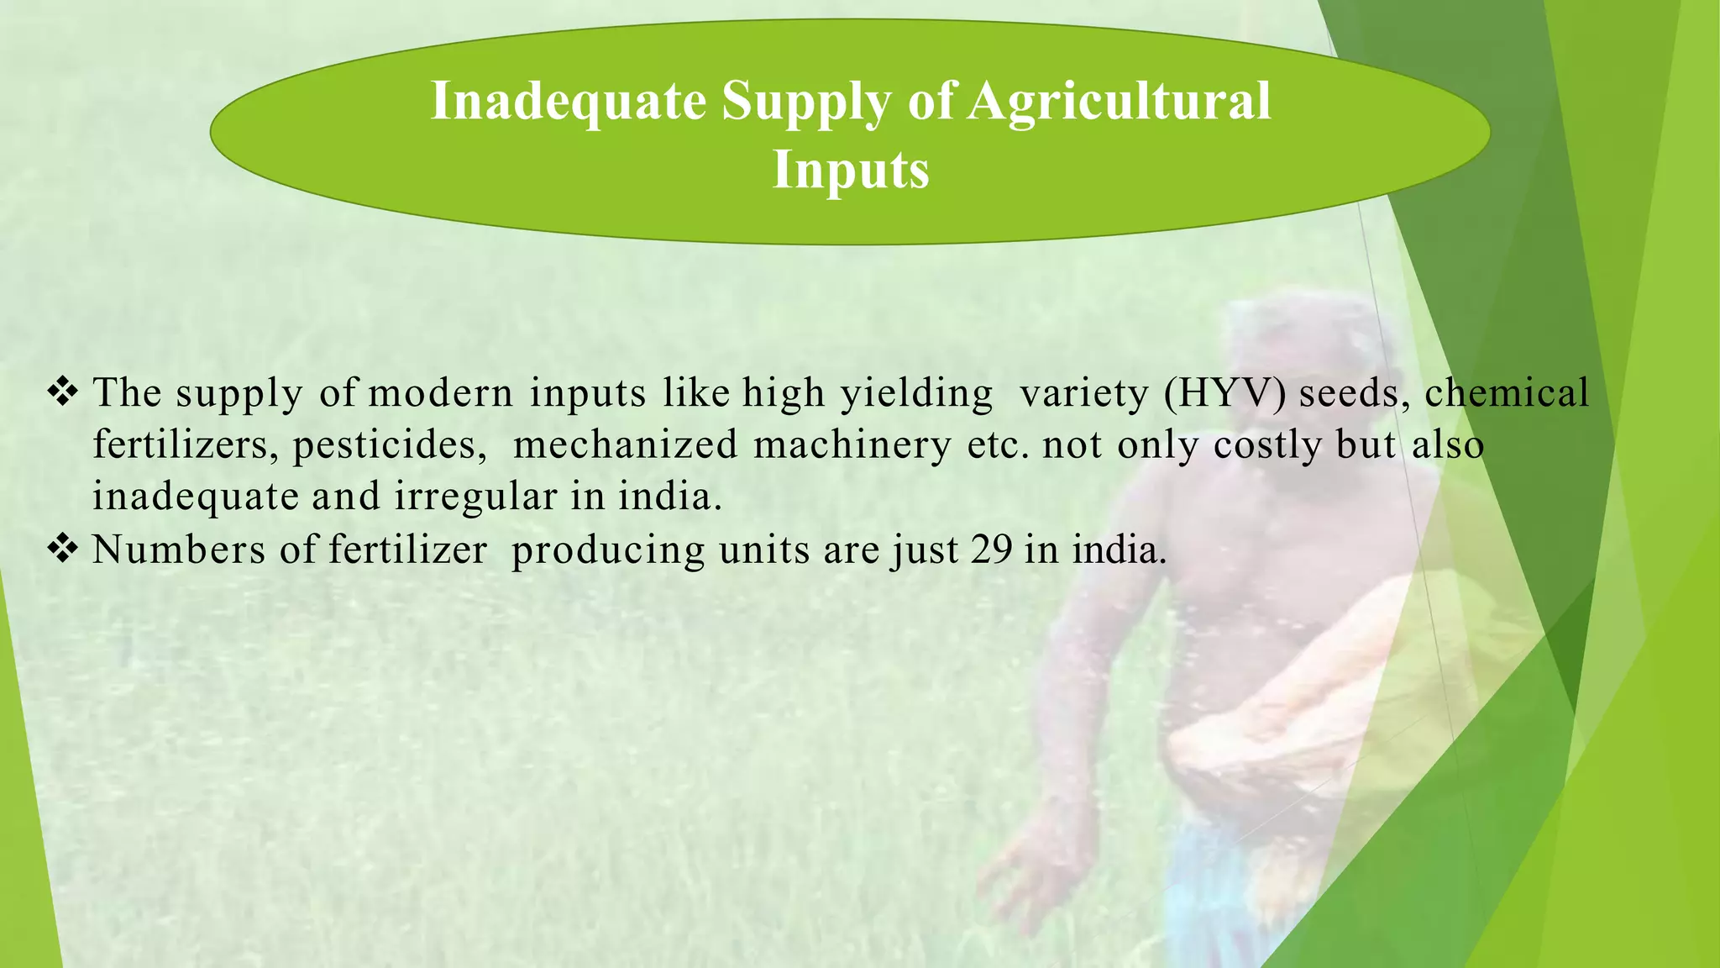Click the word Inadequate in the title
coord(568,102)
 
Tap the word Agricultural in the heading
coord(1118,102)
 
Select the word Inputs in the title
coord(850,170)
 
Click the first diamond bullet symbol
coord(63,392)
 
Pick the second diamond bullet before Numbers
coord(63,550)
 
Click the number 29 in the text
coord(991,550)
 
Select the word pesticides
coord(389,445)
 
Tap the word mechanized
coord(625,445)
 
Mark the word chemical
coord(1507,392)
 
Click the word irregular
coord(475,497)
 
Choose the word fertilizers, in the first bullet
coord(186,445)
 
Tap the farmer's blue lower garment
coord(1218,891)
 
